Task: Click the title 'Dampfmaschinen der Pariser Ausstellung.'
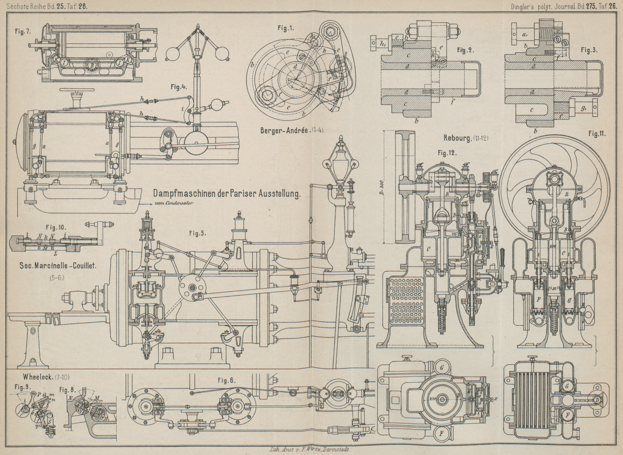click(x=227, y=193)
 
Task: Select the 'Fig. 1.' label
click(x=286, y=28)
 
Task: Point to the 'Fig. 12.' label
click(x=447, y=153)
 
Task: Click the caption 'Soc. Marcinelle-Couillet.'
click(x=58, y=266)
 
